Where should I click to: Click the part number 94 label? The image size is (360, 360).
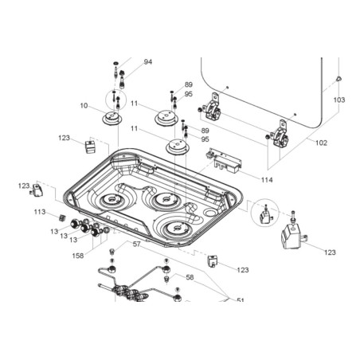coord(148,62)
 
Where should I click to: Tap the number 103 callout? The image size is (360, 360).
coord(339,100)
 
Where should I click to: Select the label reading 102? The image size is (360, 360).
coord(321,143)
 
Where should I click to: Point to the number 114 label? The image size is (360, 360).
coord(267,180)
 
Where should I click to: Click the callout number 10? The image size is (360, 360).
coord(84,106)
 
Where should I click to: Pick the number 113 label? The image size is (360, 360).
coord(40,212)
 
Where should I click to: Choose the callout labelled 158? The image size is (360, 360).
coord(78,256)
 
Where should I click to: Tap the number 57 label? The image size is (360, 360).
coord(136,244)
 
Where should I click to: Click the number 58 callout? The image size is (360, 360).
coord(190,277)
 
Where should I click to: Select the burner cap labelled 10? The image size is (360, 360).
coord(112,118)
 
